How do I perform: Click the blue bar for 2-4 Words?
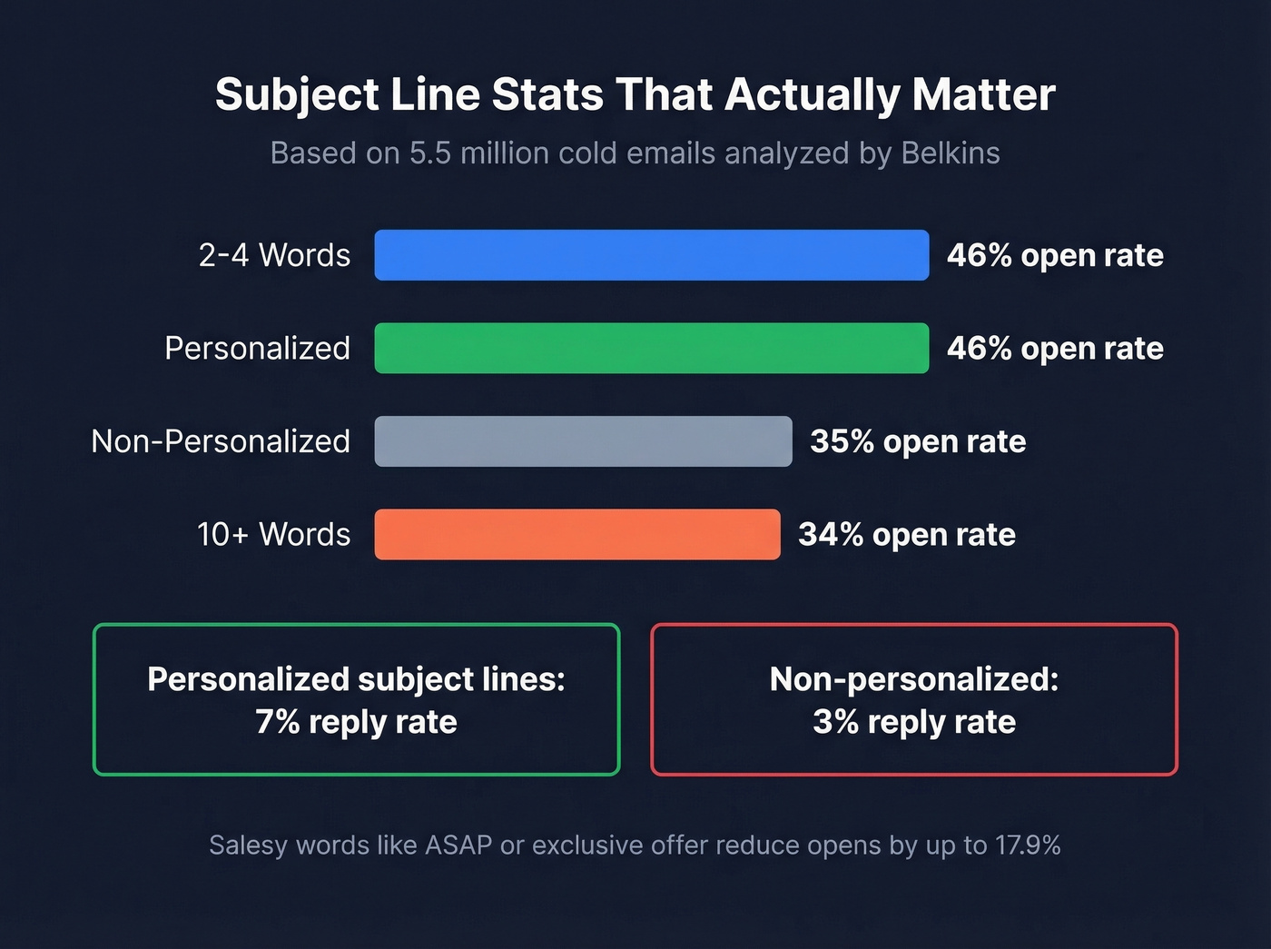pyautogui.click(x=651, y=255)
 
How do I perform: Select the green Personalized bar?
pyautogui.click(x=651, y=348)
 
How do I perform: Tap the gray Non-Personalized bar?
pyautogui.click(x=583, y=441)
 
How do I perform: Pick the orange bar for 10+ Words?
pyautogui.click(x=576, y=534)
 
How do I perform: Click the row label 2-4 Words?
pyautogui.click(x=274, y=255)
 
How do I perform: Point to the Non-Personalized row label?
pyautogui.click(x=221, y=441)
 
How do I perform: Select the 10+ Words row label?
pyautogui.click(x=273, y=534)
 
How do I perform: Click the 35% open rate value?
pyautogui.click(x=918, y=441)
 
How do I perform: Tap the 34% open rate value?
pyautogui.click(x=906, y=534)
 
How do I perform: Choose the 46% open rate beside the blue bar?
pyautogui.click(x=1055, y=255)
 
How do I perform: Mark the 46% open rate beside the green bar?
pyautogui.click(x=1055, y=348)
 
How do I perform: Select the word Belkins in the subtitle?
pyautogui.click(x=951, y=153)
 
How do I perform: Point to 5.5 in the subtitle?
pyautogui.click(x=429, y=153)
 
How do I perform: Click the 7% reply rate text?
pyautogui.click(x=356, y=722)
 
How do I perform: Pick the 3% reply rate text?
pyautogui.click(x=914, y=722)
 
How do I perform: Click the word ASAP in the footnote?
pyautogui.click(x=458, y=845)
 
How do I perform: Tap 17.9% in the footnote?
pyautogui.click(x=1028, y=845)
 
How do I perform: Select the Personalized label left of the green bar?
pyautogui.click(x=257, y=348)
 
